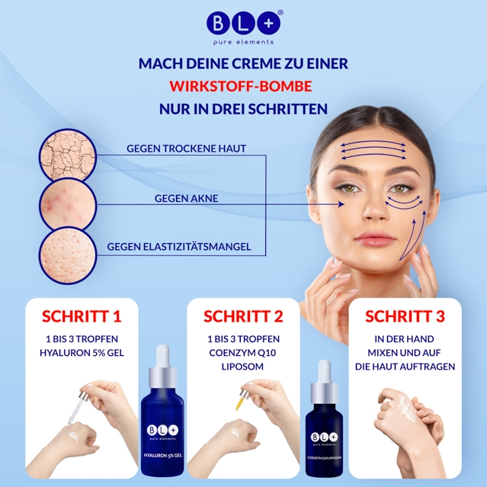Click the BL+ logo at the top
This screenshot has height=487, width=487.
(x=244, y=27)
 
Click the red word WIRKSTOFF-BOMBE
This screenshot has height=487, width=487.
(x=241, y=86)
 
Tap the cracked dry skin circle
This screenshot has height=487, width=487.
(x=68, y=155)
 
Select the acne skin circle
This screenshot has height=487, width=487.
(x=68, y=205)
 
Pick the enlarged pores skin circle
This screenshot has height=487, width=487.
(x=68, y=255)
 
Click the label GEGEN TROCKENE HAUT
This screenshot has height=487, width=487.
(x=187, y=149)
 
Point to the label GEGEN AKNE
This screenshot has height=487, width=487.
(x=187, y=198)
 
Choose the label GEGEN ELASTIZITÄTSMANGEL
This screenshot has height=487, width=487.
(x=179, y=247)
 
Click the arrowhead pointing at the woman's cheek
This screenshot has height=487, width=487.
(x=341, y=204)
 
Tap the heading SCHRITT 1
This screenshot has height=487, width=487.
(x=82, y=316)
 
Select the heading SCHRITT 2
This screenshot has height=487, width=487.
(x=243, y=316)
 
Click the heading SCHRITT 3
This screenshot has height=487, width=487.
(x=405, y=316)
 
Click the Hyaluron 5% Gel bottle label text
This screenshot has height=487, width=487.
(x=163, y=455)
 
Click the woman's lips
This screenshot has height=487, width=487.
(x=374, y=239)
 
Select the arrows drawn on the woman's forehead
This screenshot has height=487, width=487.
(x=373, y=150)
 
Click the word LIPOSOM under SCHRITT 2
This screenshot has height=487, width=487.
(x=242, y=367)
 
